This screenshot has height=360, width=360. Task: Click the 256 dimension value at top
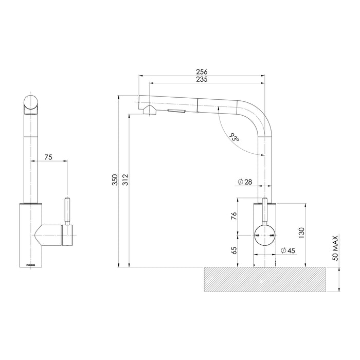tap(202, 73)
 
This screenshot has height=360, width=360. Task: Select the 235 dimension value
tap(202, 80)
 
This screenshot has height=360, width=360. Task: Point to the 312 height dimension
tap(125, 179)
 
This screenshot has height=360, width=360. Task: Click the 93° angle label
tap(235, 138)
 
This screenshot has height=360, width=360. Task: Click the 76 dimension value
tap(234, 217)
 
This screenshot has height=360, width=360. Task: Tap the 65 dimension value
tap(234, 250)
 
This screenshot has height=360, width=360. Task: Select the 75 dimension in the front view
tap(48, 157)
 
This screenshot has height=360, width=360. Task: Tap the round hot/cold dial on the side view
tap(265, 236)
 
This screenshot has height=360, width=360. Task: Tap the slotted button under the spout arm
tap(176, 111)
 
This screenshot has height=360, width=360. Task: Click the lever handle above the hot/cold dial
tap(265, 208)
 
